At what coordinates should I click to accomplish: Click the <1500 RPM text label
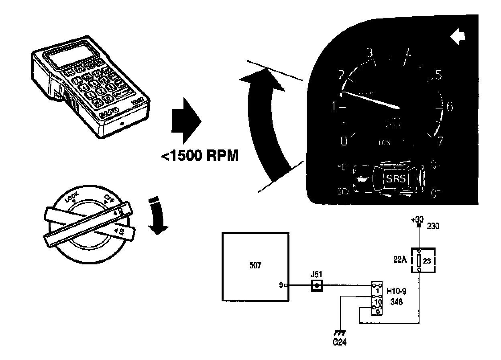click(x=200, y=155)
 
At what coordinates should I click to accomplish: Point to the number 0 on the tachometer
click(x=344, y=141)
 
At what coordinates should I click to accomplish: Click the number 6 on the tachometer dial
click(x=449, y=107)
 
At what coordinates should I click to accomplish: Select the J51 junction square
click(x=317, y=286)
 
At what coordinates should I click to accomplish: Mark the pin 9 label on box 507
click(x=281, y=286)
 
